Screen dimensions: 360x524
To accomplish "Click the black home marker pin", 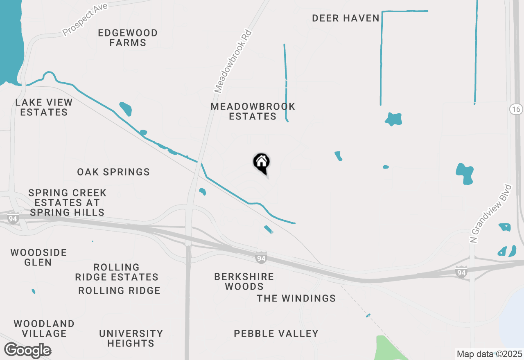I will pyautogui.click(x=261, y=162).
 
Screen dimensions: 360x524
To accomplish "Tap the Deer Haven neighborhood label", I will pyautogui.click(x=346, y=18).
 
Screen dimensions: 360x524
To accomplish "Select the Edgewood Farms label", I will pyautogui.click(x=128, y=38).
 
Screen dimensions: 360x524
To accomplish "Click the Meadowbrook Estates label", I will pyautogui.click(x=253, y=111).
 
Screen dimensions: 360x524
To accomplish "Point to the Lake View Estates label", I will pyautogui.click(x=44, y=107).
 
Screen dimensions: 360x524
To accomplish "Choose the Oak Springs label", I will pyautogui.click(x=113, y=172).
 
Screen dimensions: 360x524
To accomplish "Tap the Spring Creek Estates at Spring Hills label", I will pyautogui.click(x=67, y=202).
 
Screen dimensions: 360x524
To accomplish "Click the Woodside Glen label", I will pyautogui.click(x=38, y=257).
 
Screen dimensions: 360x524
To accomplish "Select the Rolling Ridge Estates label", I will pyautogui.click(x=117, y=272).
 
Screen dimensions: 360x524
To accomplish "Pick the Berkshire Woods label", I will pyautogui.click(x=244, y=281).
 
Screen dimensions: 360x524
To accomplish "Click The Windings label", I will pyautogui.click(x=296, y=299).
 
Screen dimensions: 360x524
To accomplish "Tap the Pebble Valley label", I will pyautogui.click(x=276, y=334).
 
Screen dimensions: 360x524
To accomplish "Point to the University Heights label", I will pyautogui.click(x=131, y=338).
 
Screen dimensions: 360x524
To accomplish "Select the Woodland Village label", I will pyautogui.click(x=44, y=328).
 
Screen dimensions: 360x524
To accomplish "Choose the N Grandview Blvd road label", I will pyautogui.click(x=491, y=214).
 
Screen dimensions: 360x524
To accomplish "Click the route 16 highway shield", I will pyautogui.click(x=516, y=109).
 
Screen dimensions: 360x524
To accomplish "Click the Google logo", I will pyautogui.click(x=27, y=351).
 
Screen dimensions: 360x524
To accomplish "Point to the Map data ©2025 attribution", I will pyautogui.click(x=489, y=354).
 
